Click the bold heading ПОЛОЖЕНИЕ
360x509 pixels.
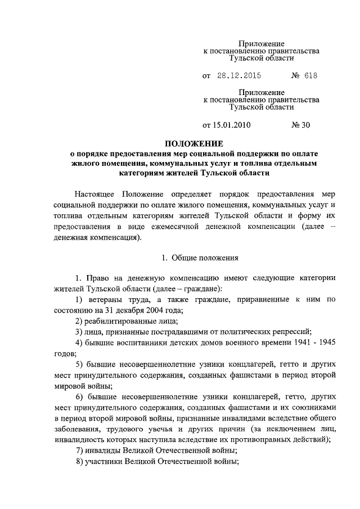pyautogui.click(x=193, y=143)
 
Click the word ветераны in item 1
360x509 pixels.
pyautogui.click(x=106, y=300)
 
